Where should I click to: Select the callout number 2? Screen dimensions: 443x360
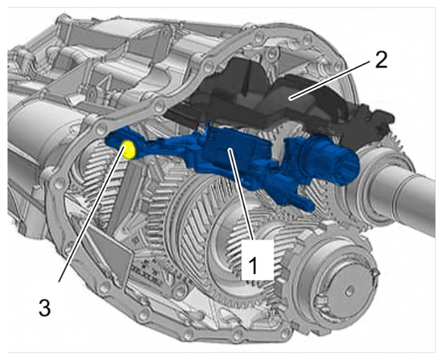[x=381, y=60]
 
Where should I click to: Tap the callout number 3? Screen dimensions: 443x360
[x=45, y=307]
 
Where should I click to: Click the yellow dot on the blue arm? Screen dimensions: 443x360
[x=128, y=150]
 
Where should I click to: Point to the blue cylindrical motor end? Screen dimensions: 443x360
[x=330, y=160]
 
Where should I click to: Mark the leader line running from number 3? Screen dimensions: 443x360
[x=91, y=214]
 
